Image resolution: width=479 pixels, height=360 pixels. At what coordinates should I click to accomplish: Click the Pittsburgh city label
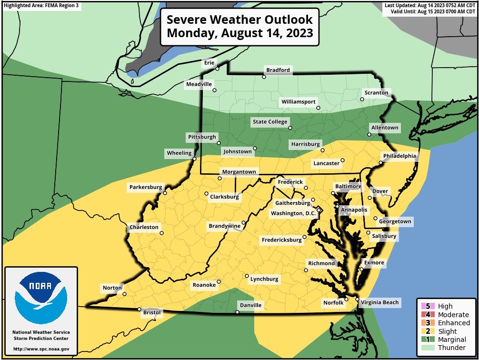(202, 137)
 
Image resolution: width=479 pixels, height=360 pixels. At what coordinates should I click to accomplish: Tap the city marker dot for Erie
(217, 69)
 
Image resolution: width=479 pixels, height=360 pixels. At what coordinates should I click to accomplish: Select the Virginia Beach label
(379, 302)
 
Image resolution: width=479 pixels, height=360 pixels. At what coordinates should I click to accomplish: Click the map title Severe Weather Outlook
(239, 20)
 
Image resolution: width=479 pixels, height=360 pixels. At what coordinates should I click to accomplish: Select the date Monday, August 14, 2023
(239, 34)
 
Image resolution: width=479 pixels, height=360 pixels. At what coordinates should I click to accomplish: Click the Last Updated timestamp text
(430, 5)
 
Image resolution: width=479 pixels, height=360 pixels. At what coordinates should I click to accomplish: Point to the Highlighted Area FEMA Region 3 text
(41, 5)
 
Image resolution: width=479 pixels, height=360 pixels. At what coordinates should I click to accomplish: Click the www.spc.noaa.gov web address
(41, 349)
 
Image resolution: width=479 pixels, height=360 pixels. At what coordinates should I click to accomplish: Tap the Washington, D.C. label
(293, 213)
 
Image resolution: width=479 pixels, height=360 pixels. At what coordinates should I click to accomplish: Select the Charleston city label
(144, 227)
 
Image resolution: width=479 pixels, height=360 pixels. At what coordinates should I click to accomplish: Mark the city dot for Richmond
(306, 270)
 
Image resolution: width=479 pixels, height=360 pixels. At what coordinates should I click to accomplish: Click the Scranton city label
(376, 92)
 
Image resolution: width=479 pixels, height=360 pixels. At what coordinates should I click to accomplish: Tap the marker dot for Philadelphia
(380, 163)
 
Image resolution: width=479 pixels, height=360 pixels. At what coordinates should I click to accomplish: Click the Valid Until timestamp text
(433, 11)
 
